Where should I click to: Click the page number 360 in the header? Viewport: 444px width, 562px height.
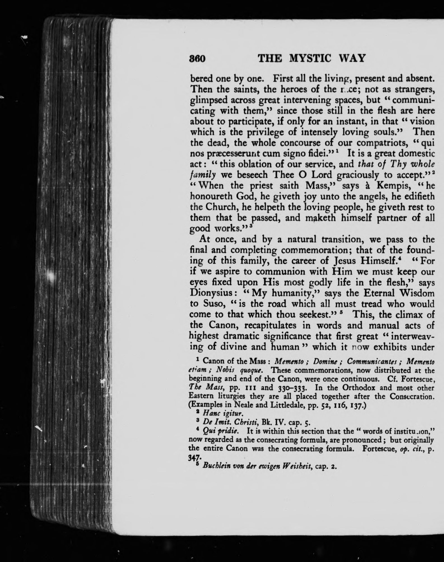[x=198, y=59]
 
